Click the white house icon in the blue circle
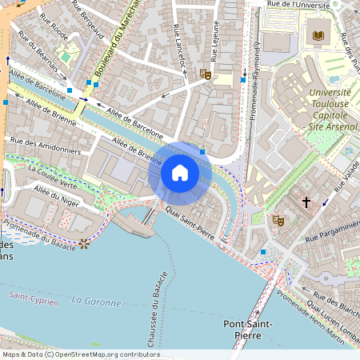coord(180,172)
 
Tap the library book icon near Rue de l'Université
coord(318,36)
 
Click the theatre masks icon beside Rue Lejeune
coord(205,74)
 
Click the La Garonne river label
coord(95,302)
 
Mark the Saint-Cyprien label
coord(30,297)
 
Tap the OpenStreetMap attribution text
coord(81,354)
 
